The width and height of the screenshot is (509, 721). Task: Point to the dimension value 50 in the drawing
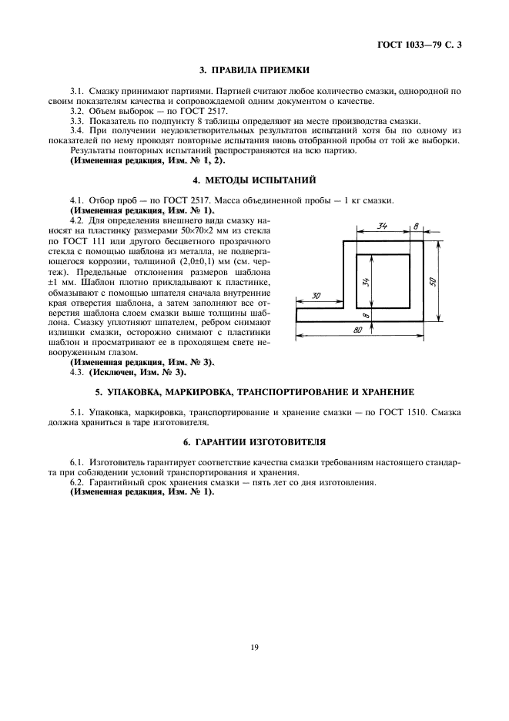tap(434, 282)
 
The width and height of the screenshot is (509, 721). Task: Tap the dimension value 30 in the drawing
tap(316, 297)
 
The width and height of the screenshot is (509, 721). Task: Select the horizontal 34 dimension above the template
tap(381, 226)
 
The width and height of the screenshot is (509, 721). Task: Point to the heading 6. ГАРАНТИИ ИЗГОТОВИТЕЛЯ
tap(253, 443)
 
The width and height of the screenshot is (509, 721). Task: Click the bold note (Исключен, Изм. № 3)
tap(138, 372)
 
